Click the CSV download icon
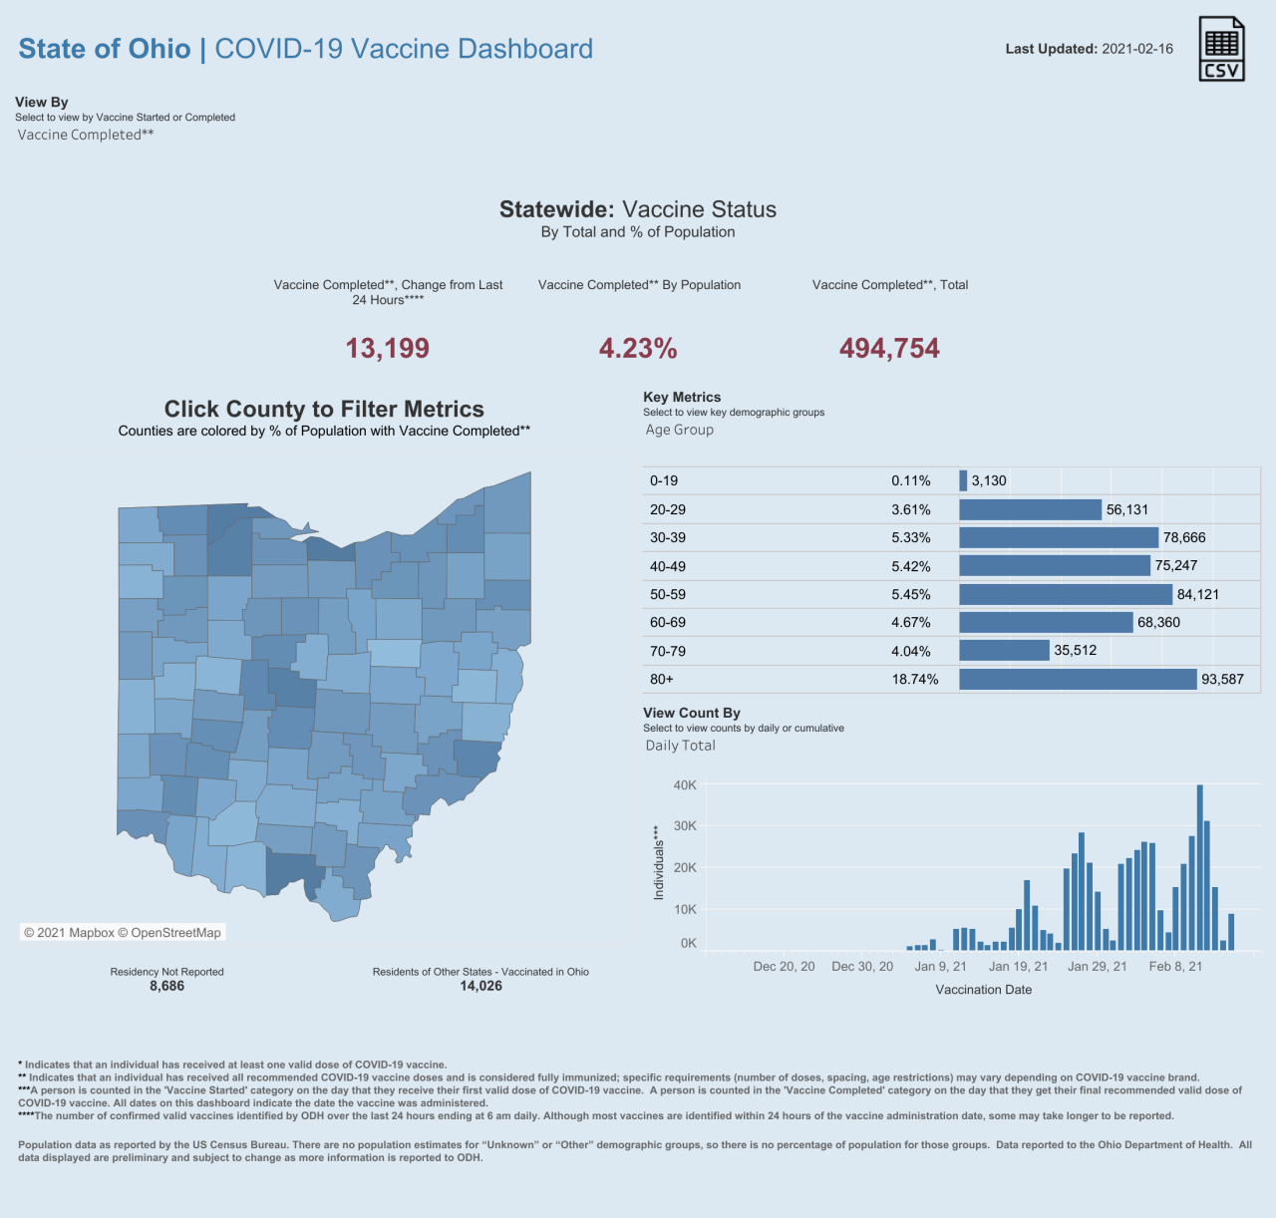(1221, 49)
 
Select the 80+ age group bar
(1078, 679)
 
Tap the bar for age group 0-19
(963, 480)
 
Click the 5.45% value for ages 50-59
(911, 595)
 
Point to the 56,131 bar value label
(1127, 509)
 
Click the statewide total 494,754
(889, 348)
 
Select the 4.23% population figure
(638, 348)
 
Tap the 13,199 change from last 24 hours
(388, 348)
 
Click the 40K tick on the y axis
(685, 784)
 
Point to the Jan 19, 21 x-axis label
(1019, 966)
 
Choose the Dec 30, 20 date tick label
(862, 966)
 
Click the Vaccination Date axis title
(984, 989)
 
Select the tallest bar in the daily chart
(1200, 867)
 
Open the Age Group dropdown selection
(679, 430)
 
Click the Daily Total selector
(680, 746)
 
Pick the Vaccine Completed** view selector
(86, 135)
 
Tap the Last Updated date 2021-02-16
(1137, 49)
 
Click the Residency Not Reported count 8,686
(166, 986)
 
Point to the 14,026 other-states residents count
(480, 986)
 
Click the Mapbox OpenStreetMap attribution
(123, 932)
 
